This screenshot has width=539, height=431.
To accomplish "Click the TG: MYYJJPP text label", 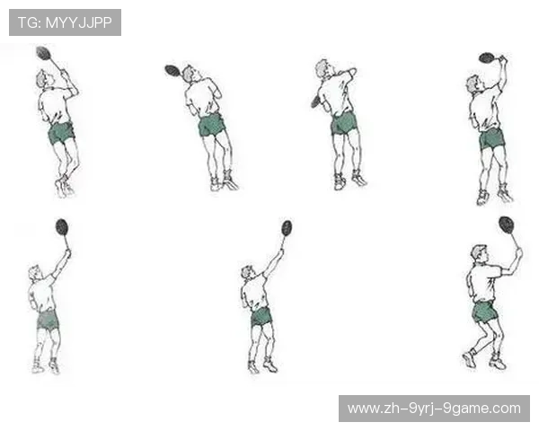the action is pos(65,22).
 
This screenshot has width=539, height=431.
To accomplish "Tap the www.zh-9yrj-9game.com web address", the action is pos(434,409).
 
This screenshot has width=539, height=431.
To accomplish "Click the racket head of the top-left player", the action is pos(43,53).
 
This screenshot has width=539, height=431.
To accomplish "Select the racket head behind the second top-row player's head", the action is pos(172,70).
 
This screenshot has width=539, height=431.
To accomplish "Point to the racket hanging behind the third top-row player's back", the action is pos(315,101).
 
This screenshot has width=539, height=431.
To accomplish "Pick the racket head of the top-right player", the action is pos(487,57).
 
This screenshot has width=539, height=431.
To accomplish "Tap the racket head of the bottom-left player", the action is pos(62,227).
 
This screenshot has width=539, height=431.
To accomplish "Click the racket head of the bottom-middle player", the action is pos(287,228).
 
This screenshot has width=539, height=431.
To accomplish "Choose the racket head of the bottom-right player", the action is pos(507,224).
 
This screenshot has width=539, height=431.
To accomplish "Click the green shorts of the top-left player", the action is pos(61,133).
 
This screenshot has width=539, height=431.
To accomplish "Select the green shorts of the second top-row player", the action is pos(211,125).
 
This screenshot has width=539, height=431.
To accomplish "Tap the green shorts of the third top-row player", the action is pos(344,123).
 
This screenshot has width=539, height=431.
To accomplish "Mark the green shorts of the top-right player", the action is pos(492,138).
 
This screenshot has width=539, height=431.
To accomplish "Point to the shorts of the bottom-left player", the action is pos(48,320).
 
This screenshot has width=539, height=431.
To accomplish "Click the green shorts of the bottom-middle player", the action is pos(261,317).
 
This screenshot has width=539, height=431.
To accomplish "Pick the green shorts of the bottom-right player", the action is pos(484,312).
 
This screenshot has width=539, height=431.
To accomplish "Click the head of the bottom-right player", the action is pos(479,253).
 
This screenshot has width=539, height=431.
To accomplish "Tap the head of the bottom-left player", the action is pos(35,272).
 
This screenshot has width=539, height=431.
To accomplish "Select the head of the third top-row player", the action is pos(323,68).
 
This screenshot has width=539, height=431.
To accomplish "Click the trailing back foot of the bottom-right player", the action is pos(469,358).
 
